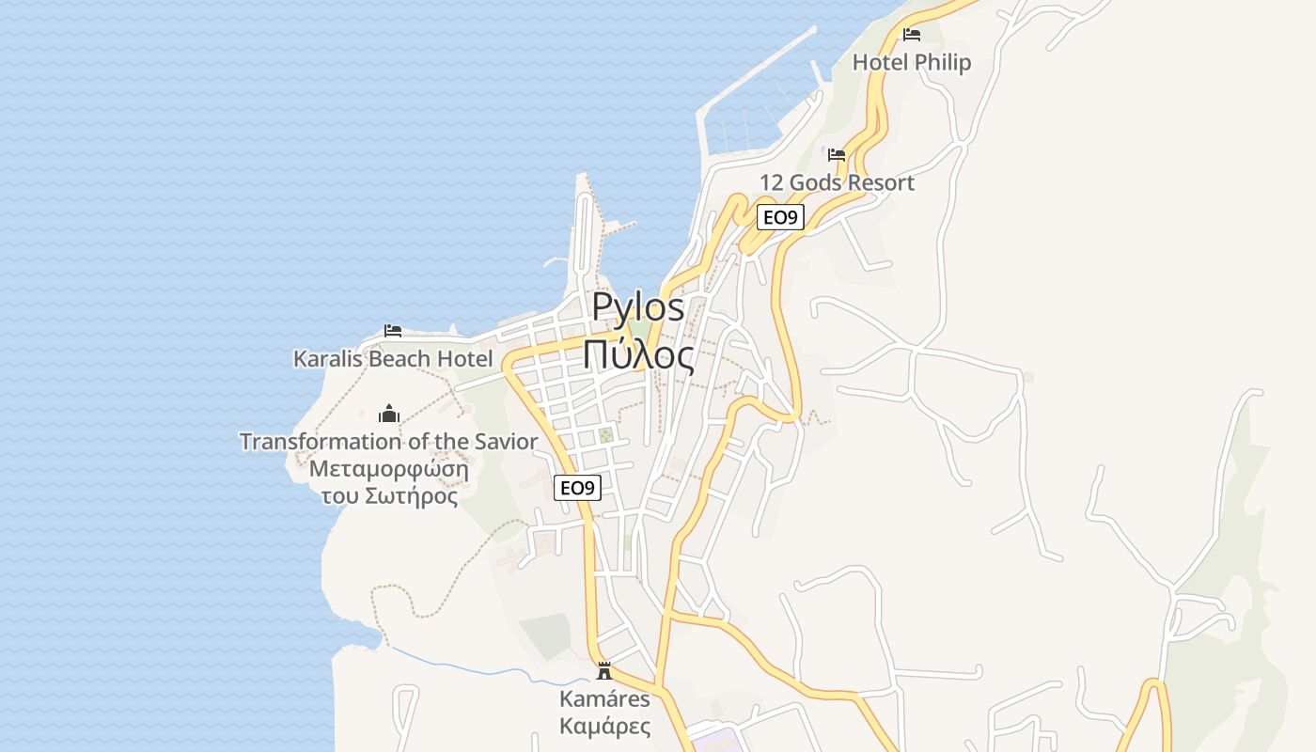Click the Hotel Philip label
tap(911, 62)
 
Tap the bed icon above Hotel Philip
tap(911, 35)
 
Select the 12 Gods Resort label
tap(837, 182)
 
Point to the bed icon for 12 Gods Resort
tap(837, 155)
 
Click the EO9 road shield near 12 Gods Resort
tap(780, 217)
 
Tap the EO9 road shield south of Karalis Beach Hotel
tap(577, 487)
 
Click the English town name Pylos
tap(638, 307)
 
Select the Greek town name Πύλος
tap(638, 355)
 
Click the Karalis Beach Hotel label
tap(393, 358)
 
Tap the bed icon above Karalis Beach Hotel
tap(393, 331)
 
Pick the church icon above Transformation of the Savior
tap(388, 414)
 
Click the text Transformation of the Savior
tap(388, 441)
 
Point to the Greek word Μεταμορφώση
tap(388, 468)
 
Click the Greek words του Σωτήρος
tap(389, 495)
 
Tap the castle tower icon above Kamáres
tap(604, 671)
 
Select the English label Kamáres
tap(604, 698)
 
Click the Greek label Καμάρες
tap(604, 726)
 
